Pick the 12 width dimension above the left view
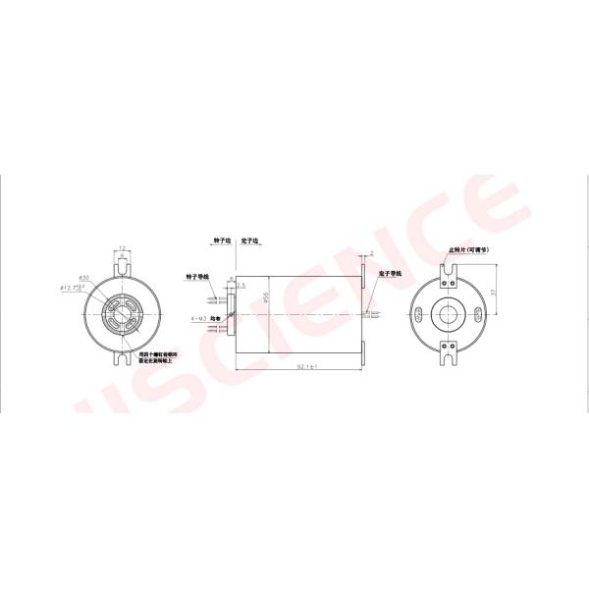pyautogui.click(x=120, y=247)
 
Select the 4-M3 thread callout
pyautogui.click(x=198, y=319)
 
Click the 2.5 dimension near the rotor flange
pyautogui.click(x=241, y=285)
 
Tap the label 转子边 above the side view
pyautogui.click(x=221, y=239)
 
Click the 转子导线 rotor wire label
pyautogui.click(x=196, y=277)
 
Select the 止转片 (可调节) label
pyautogui.click(x=468, y=250)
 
